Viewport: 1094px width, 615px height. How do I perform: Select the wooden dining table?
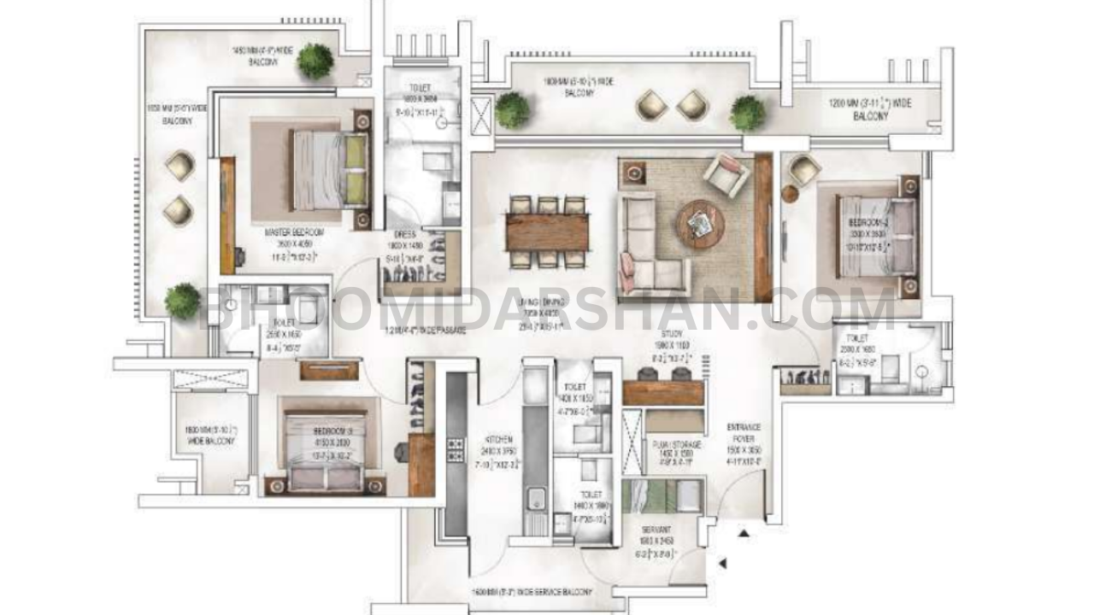coord(547,231)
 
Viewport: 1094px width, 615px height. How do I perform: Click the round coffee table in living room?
coord(701,224)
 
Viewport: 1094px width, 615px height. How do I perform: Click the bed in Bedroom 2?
coord(868,237)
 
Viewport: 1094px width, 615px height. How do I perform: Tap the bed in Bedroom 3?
coord(325,451)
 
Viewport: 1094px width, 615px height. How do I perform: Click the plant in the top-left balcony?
coord(315,61)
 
